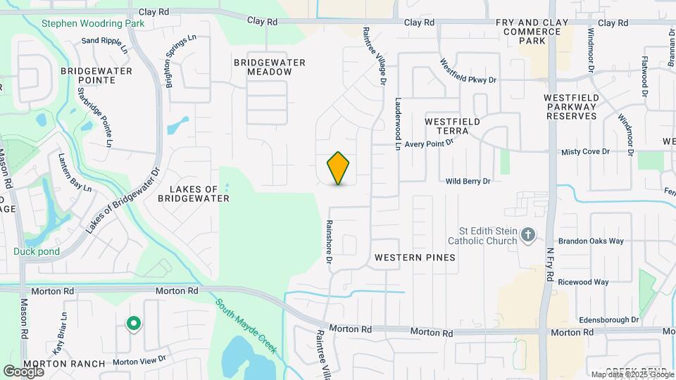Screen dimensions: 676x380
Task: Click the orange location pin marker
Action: point(339,168)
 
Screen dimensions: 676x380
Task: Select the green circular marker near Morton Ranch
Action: point(132,324)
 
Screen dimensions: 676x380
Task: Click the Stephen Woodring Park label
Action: point(93,23)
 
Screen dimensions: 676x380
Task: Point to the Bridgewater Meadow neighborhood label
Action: point(270,68)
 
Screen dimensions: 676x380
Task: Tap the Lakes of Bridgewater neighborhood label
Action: point(194,194)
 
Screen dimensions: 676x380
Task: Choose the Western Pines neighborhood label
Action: point(415,258)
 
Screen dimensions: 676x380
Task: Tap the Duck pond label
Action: point(36,251)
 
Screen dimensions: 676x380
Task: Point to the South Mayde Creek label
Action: point(246,327)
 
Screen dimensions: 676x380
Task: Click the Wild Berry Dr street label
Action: point(468,182)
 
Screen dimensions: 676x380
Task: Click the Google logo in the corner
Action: point(23,372)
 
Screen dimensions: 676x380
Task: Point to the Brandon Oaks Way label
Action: point(597,241)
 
